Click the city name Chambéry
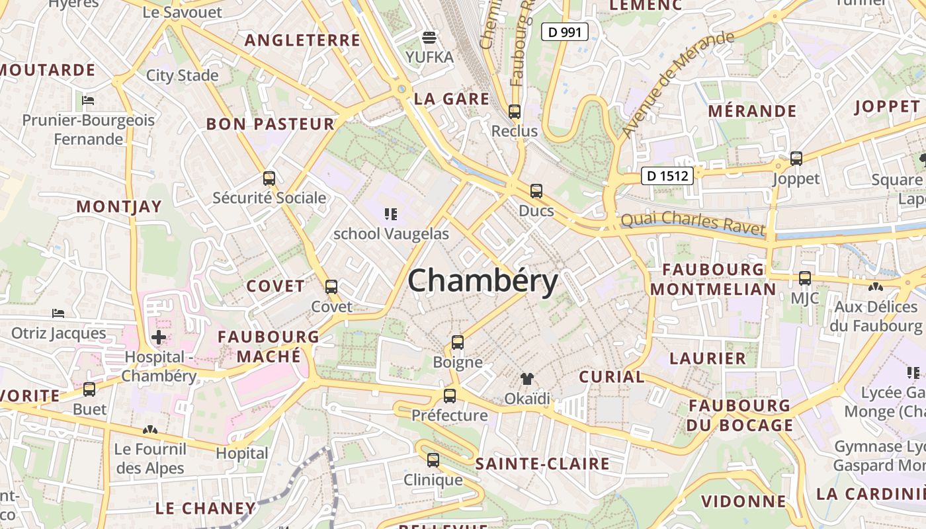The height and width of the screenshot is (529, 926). tap(483, 281)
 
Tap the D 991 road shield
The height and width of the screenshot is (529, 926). tap(565, 31)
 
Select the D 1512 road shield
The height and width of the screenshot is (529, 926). tap(668, 176)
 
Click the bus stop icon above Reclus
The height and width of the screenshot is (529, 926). tap(515, 112)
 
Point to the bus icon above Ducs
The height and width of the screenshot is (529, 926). tap(536, 191)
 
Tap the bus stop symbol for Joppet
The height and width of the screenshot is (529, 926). tap(796, 159)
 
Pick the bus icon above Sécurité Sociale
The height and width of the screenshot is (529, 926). tap(269, 178)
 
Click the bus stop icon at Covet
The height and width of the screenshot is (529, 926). tap(331, 287)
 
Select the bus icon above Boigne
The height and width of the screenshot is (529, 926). tap(458, 343)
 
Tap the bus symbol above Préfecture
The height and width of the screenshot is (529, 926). tap(450, 396)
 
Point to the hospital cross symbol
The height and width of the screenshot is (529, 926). tap(159, 338)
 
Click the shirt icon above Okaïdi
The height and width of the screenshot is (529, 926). tap(527, 379)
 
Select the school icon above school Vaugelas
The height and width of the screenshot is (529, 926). tap(391, 214)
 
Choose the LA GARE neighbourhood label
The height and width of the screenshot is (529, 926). tap(452, 99)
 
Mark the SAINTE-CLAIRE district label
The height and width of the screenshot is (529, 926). tap(542, 464)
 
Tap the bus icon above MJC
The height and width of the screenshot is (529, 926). tap(805, 278)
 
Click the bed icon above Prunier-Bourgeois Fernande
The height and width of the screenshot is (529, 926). tap(88, 101)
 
